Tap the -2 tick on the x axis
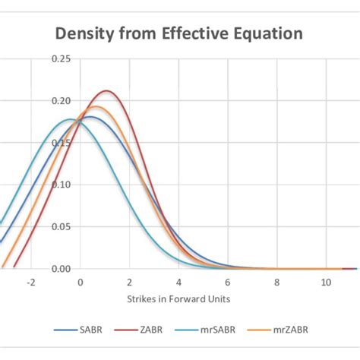[x=31, y=282]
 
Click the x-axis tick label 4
[x=178, y=282]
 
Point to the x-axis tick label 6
[x=228, y=282]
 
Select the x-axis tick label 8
[x=276, y=282]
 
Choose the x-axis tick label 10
[x=325, y=282]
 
